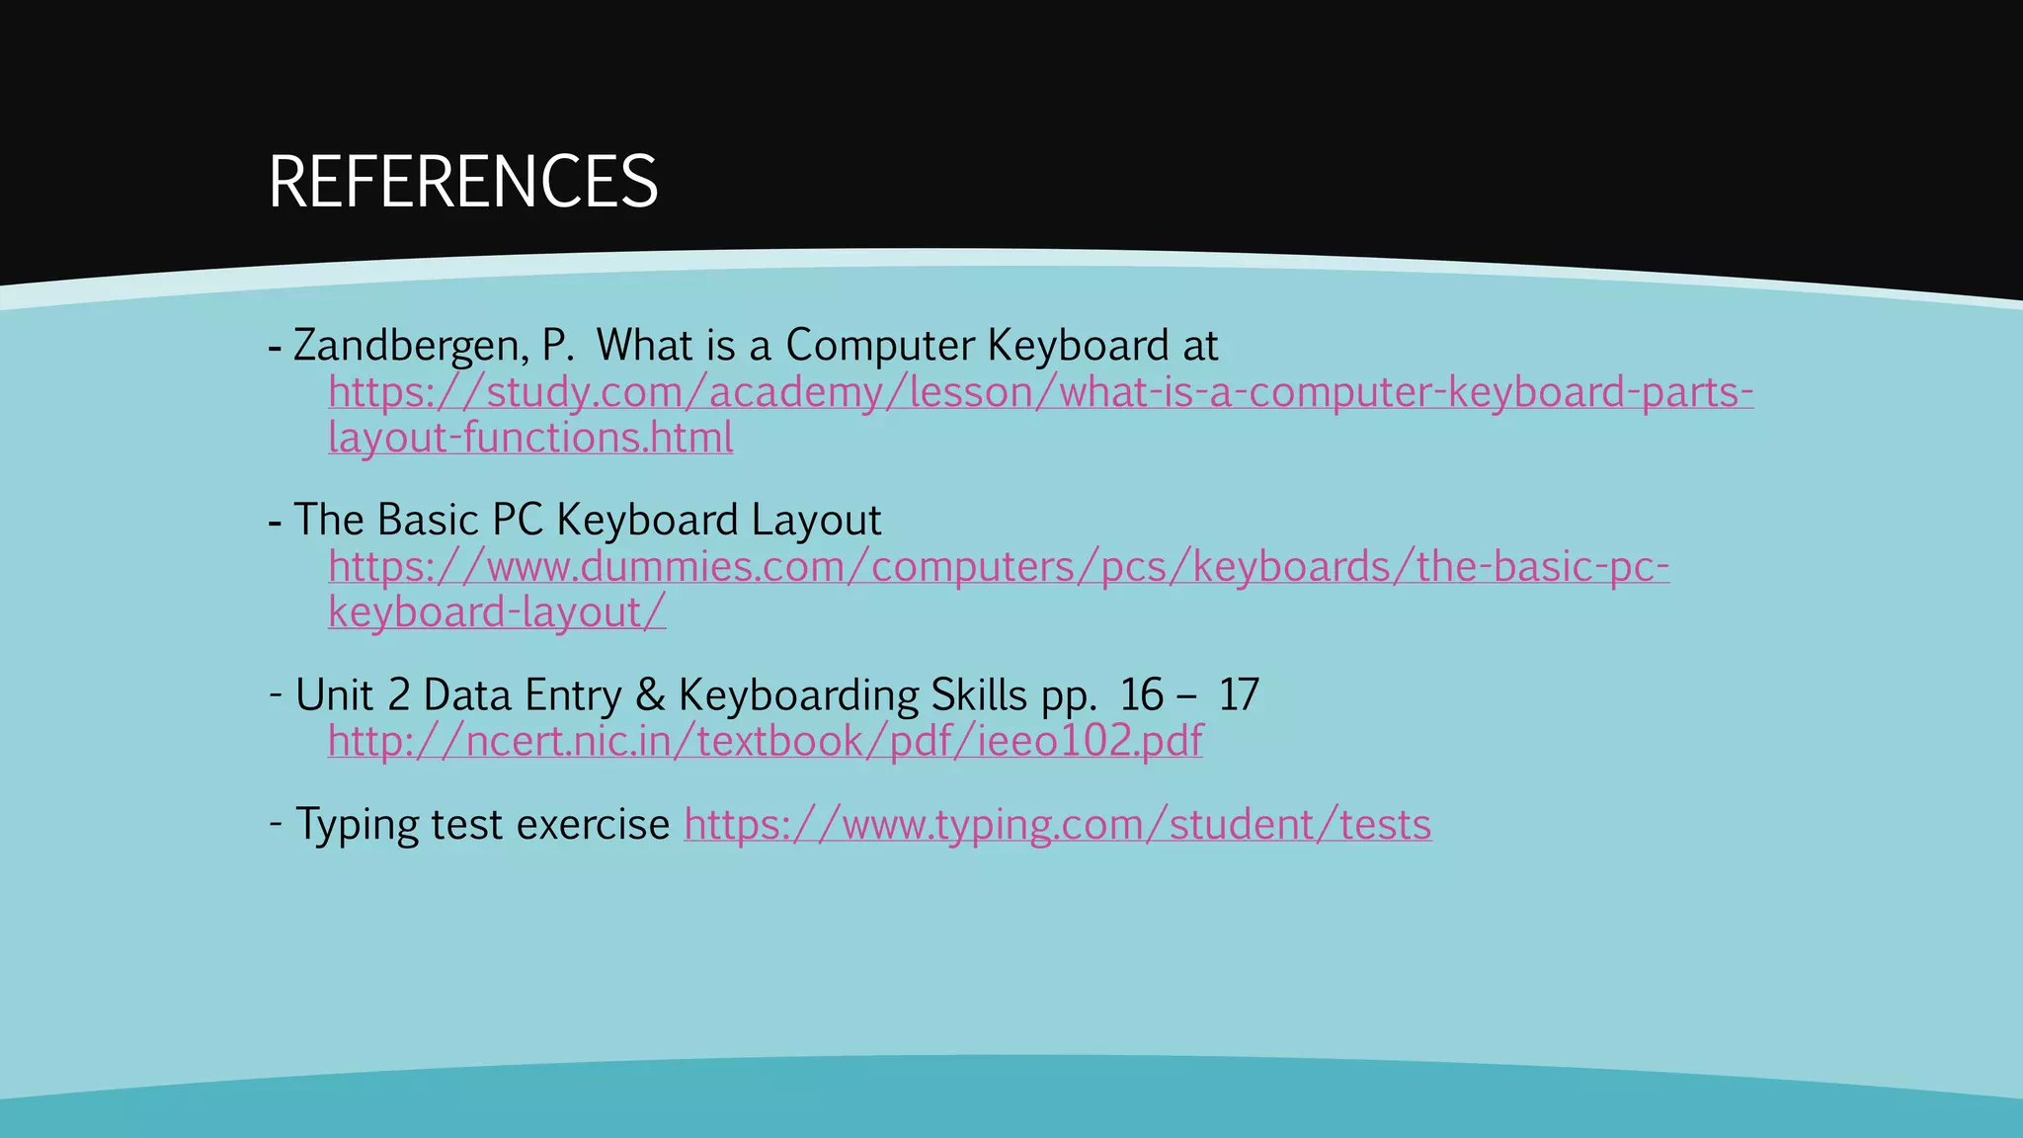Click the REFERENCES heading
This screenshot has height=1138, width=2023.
[462, 182]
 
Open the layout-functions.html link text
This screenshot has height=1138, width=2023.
[530, 438]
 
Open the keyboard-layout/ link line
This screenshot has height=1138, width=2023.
[497, 612]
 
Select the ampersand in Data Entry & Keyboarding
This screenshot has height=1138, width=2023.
[650, 695]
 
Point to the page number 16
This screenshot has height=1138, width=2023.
[1142, 695]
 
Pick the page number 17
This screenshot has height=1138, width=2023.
[1239, 695]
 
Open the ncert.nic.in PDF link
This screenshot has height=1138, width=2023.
[766, 741]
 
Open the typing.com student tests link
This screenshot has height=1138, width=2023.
[1057, 825]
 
